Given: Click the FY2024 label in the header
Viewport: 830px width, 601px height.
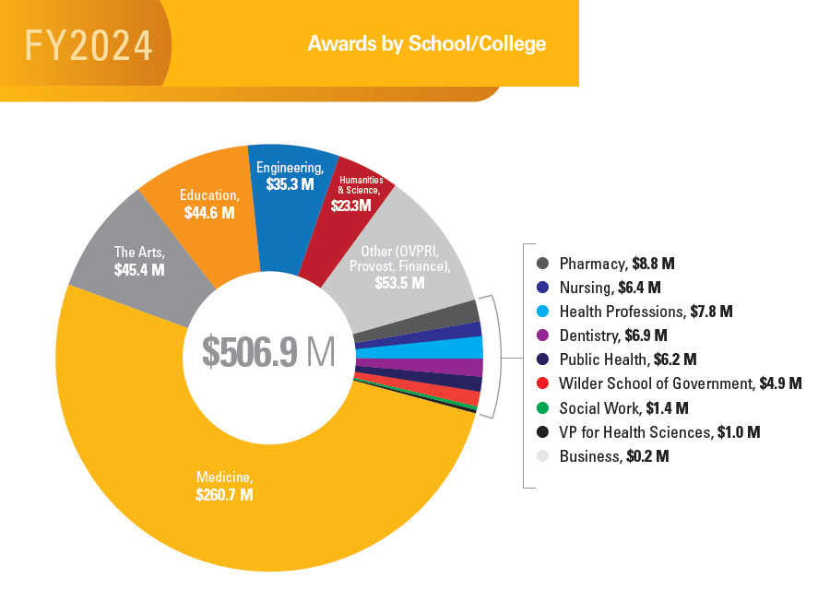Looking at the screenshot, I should coord(89,45).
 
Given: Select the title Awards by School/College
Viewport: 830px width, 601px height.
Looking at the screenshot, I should coord(426,44).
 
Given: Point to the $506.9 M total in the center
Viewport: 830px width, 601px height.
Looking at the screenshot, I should coord(268,352).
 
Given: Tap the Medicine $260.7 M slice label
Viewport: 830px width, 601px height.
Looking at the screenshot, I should coord(224,486).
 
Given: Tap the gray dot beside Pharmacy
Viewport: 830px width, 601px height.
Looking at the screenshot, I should coord(542,264).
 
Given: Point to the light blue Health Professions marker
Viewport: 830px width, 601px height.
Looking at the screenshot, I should coord(542,312).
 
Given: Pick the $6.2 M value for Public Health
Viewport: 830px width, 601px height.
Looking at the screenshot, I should coord(677,359).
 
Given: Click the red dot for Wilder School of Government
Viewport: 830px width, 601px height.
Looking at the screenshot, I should coord(542,383).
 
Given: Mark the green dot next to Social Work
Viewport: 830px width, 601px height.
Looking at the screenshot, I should coord(542,407).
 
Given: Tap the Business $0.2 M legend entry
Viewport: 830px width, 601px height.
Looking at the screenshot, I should coord(613,456).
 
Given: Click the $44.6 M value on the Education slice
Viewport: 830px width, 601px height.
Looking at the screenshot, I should coord(208,213).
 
